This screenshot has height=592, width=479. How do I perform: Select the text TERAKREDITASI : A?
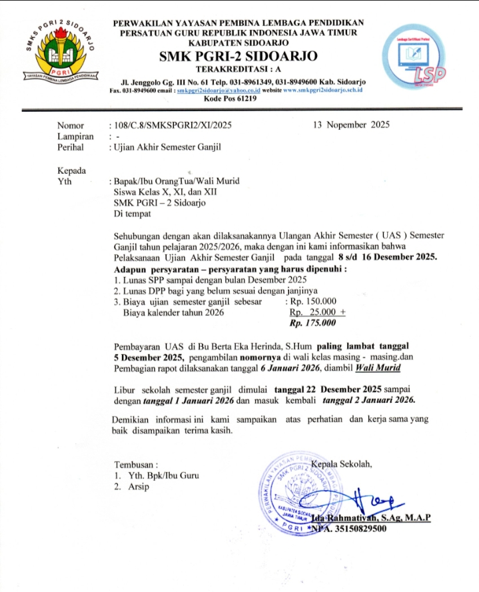pos(239,69)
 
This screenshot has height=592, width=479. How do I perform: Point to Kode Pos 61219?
pos(239,99)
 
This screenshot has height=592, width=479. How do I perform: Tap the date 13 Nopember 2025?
pos(351,125)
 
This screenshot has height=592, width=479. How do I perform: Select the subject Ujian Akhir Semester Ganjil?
pos(167,147)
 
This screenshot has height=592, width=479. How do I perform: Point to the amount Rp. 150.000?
pos(313,300)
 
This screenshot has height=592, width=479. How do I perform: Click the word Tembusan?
pos(136,464)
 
